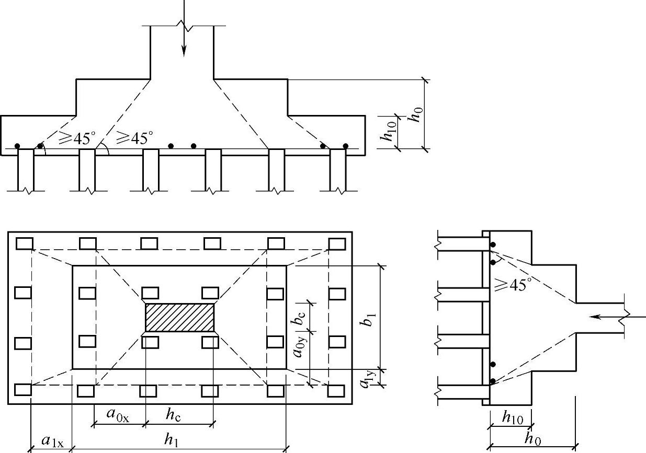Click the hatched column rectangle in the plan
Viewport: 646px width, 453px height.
pos(179,318)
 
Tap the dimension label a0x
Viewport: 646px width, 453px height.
pos(118,414)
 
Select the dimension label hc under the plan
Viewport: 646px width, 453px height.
pos(173,415)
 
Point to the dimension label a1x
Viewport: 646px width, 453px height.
pos(52,441)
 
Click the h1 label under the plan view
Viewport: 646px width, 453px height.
pos(171,440)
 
